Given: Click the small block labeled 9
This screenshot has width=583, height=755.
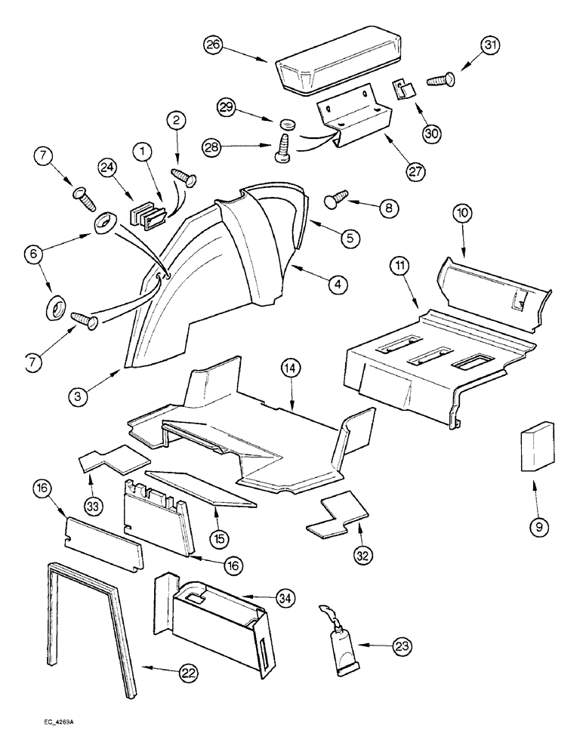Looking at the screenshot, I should [x=534, y=451].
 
